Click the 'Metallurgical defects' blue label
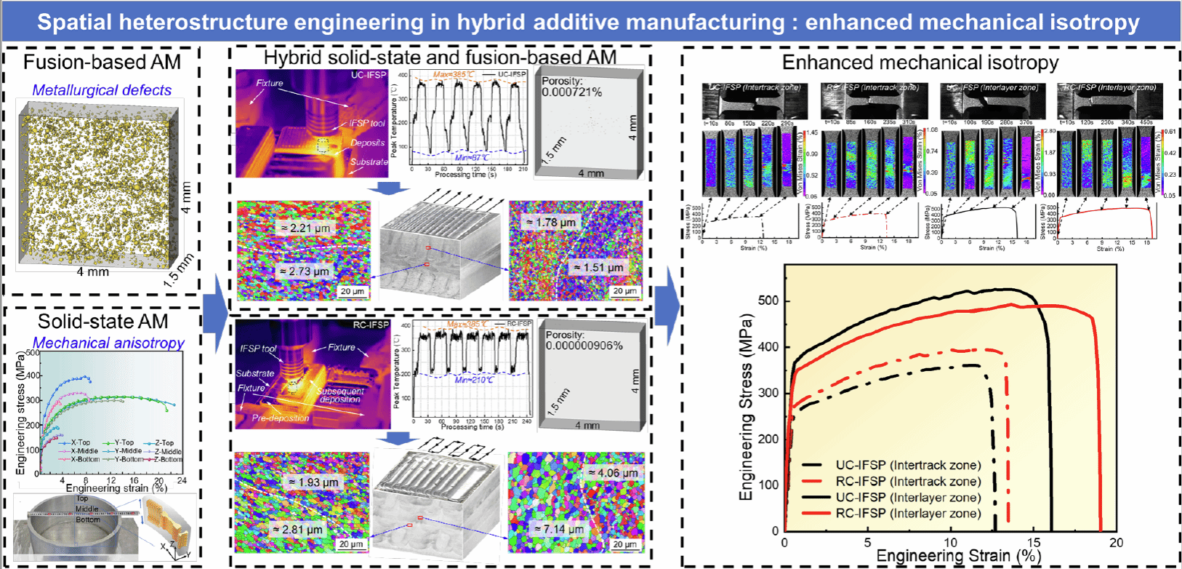tap(102, 90)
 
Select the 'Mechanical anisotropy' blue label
tap(108, 343)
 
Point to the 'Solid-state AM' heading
tap(102, 322)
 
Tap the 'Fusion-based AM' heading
tap(102, 63)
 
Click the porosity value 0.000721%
tap(572, 92)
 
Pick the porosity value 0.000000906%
tap(584, 346)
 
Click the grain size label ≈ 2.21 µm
tap(305, 228)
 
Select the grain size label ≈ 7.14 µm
tap(559, 529)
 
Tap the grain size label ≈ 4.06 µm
tap(614, 473)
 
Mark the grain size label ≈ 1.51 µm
tap(599, 267)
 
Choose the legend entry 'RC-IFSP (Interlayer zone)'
tap(908, 514)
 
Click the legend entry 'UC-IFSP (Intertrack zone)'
tap(908, 466)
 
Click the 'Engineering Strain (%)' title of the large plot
tap(959, 557)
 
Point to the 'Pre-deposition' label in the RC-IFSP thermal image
tap(281, 418)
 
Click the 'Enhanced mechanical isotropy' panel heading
tap(920, 63)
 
